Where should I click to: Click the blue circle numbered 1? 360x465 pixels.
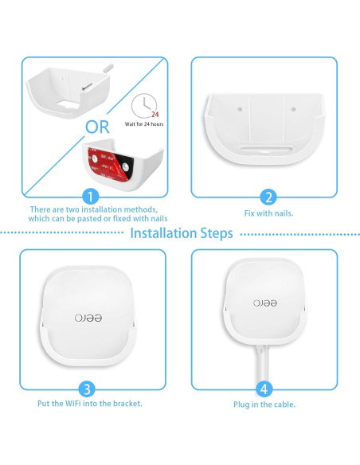(93, 197)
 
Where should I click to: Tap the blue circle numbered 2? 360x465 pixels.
(268, 197)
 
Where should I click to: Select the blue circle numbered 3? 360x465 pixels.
(90, 389)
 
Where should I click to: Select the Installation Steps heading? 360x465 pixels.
(181, 233)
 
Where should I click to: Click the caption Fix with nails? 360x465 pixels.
(268, 213)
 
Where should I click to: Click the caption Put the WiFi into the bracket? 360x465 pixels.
(90, 404)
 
